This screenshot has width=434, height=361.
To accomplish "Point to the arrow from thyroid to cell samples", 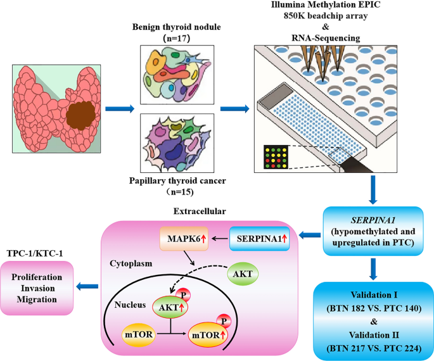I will pos(119,109).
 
